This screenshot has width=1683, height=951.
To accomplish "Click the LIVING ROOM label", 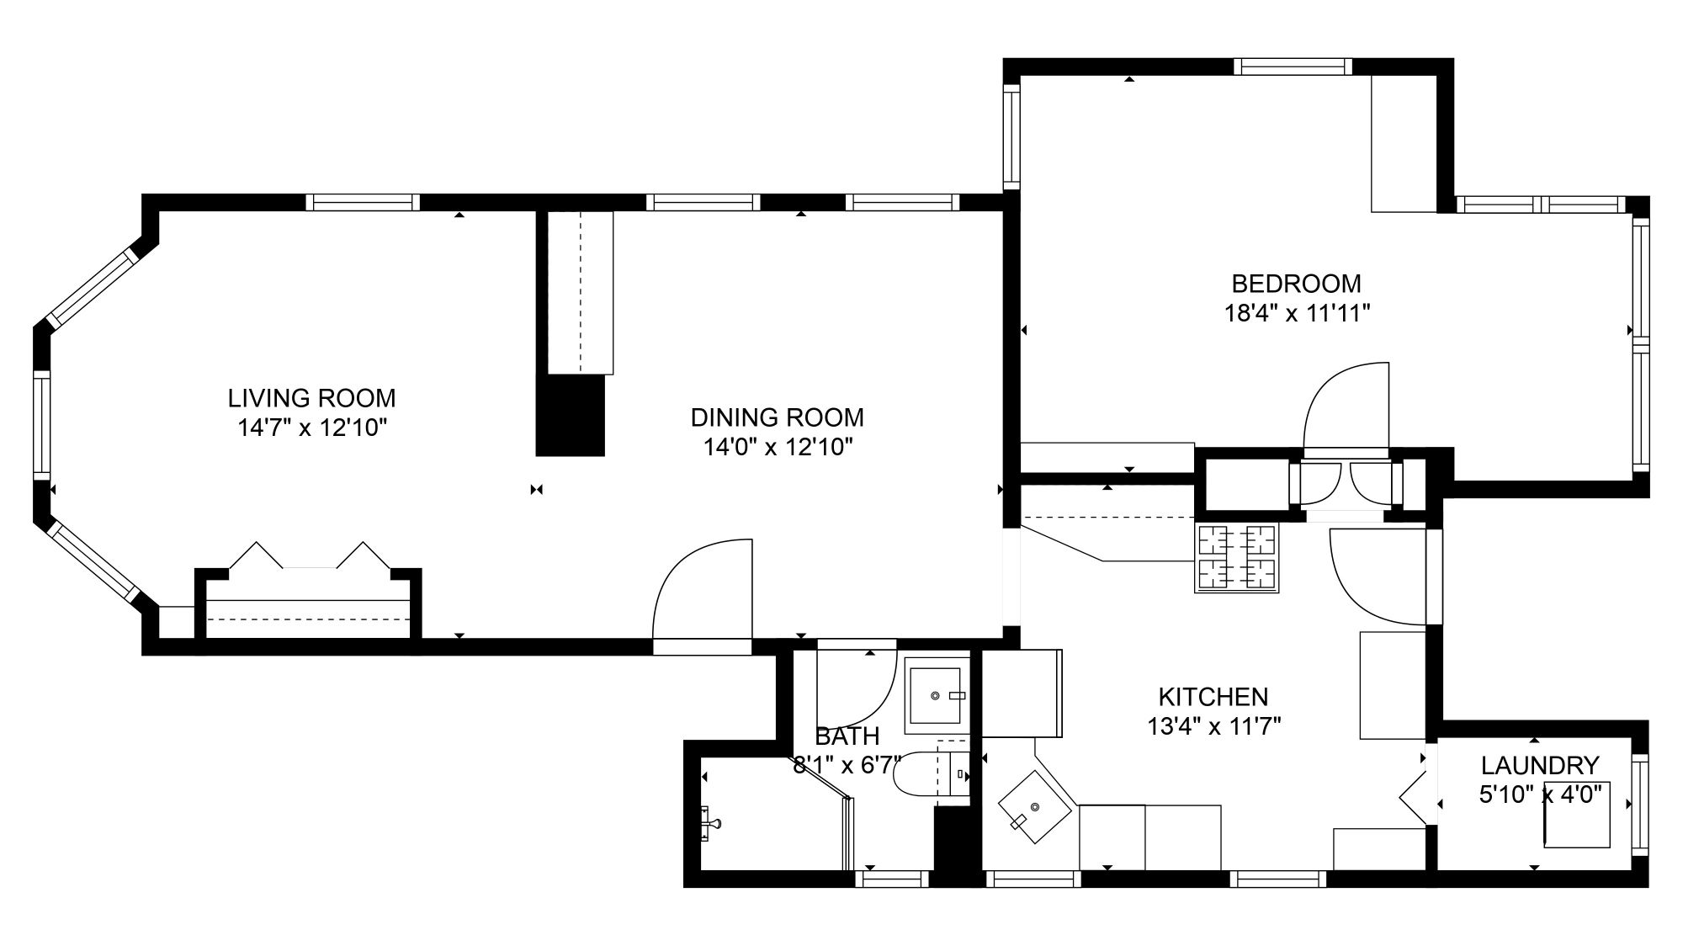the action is pyautogui.click(x=311, y=397).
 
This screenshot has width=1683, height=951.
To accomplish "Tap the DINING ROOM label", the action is pyautogui.click(x=777, y=417).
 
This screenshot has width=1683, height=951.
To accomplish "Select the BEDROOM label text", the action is pyautogui.click(x=1296, y=284).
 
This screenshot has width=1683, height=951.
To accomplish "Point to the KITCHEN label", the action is pyautogui.click(x=1213, y=697).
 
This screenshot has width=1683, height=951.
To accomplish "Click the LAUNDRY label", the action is pyautogui.click(x=1540, y=765).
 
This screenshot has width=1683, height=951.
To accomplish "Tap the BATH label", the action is pyautogui.click(x=847, y=736).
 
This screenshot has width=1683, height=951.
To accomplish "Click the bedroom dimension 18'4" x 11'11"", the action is pyautogui.click(x=1297, y=314).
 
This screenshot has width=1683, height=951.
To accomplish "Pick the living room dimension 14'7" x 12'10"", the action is pyautogui.click(x=312, y=428).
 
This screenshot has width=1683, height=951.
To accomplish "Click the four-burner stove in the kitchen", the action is pyautogui.click(x=1236, y=557).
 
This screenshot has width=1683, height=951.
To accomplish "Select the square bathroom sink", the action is pyautogui.click(x=933, y=696).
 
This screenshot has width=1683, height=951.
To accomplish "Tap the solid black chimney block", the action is pyautogui.click(x=571, y=415).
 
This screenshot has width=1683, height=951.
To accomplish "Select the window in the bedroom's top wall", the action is pyautogui.click(x=1293, y=66).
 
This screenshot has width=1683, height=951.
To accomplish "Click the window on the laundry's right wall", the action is pyautogui.click(x=1640, y=805).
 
